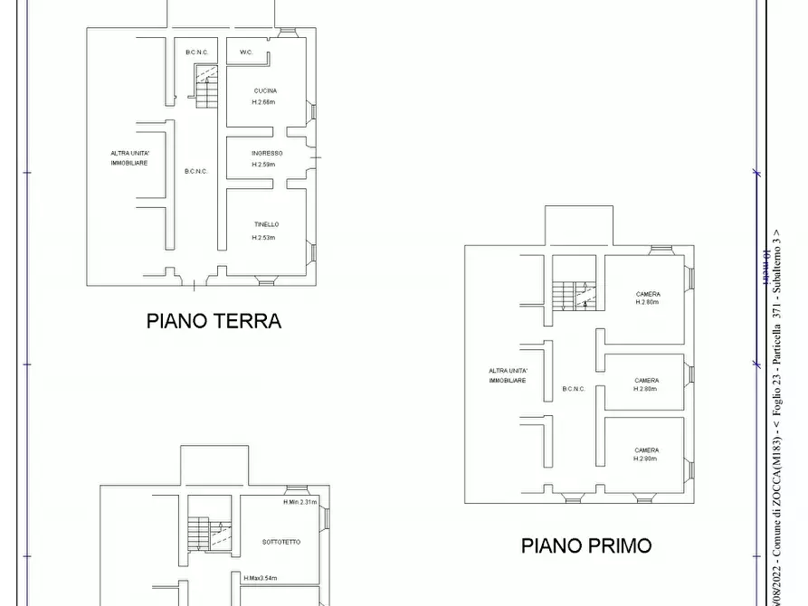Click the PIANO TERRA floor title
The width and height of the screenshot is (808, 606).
click(x=214, y=320)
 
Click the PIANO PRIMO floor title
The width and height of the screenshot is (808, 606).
click(x=585, y=545)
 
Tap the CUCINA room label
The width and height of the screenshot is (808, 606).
click(x=265, y=90)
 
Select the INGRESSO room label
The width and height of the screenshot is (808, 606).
click(x=267, y=153)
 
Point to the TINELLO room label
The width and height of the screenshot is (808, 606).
click(x=266, y=224)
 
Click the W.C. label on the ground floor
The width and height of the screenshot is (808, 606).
click(x=245, y=52)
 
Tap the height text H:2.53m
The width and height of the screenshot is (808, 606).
click(x=263, y=238)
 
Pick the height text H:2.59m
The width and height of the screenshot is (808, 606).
click(x=263, y=165)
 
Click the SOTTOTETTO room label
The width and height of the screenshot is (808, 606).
click(x=281, y=542)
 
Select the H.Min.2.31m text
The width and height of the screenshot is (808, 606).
click(x=299, y=502)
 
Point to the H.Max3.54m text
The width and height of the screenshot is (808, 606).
click(x=261, y=578)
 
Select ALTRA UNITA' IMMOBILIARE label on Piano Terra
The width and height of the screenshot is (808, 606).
click(x=129, y=158)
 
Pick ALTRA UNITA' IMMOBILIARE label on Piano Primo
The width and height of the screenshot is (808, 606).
click(x=508, y=376)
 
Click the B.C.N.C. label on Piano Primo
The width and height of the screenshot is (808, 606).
click(x=574, y=389)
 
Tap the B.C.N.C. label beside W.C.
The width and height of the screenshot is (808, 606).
click(x=197, y=52)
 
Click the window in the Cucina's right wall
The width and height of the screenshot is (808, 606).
click(x=312, y=110)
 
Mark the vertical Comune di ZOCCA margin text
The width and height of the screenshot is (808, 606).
click(x=776, y=470)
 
